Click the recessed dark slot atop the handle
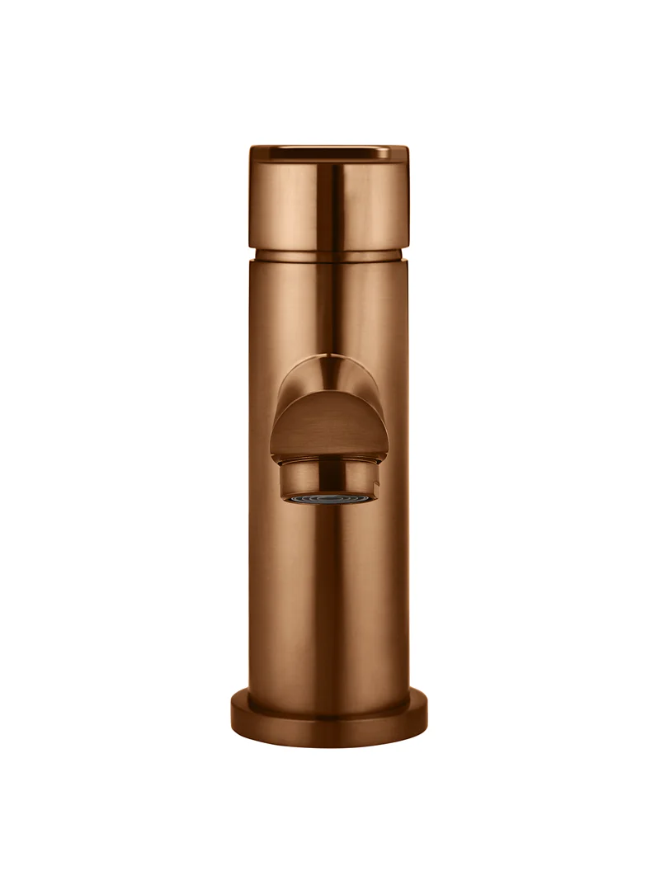click(330, 151)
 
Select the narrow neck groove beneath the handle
click(329, 253)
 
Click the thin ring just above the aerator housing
click(329, 463)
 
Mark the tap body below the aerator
click(329, 594)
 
